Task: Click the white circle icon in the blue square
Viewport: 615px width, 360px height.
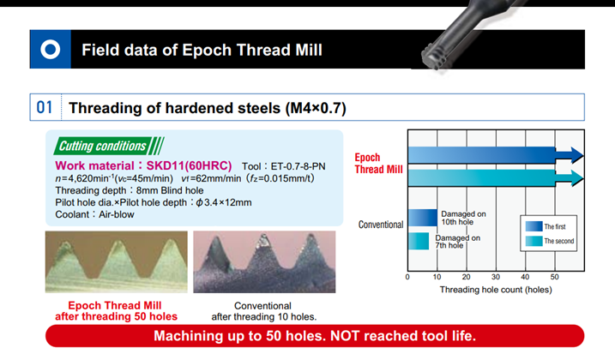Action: point(51,50)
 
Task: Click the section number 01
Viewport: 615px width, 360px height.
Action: point(45,107)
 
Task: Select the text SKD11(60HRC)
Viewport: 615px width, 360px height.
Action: point(189,165)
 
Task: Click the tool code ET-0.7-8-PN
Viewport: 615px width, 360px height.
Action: point(298,166)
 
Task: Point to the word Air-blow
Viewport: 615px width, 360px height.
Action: point(117,214)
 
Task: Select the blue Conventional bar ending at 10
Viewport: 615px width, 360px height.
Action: point(423,218)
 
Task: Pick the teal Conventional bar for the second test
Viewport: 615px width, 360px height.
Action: point(419,241)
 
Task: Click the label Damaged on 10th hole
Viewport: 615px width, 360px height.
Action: point(463,218)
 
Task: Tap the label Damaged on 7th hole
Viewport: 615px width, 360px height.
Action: point(458,242)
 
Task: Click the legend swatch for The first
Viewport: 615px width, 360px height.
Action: point(534,226)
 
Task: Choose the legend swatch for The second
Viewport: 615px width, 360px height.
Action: point(534,241)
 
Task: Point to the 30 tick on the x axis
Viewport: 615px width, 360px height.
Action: point(496,277)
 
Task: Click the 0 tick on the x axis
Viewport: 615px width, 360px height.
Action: point(407,277)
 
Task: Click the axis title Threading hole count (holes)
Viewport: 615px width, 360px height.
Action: point(496,290)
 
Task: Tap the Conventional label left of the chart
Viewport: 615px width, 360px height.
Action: point(381,225)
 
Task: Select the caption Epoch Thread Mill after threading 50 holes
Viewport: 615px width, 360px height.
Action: point(116,311)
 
